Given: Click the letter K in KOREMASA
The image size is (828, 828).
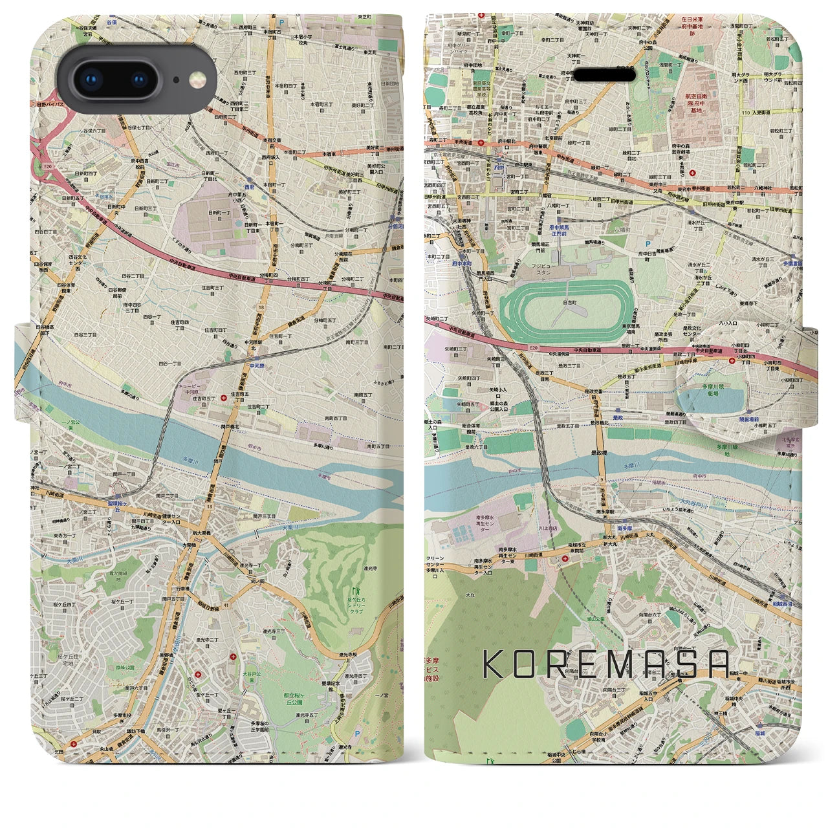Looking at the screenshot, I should [x=495, y=664].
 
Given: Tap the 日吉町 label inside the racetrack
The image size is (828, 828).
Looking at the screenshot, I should [x=570, y=301].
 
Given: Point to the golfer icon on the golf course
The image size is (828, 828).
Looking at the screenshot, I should [x=354, y=590].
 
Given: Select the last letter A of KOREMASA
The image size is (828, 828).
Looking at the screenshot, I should [x=718, y=664].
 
